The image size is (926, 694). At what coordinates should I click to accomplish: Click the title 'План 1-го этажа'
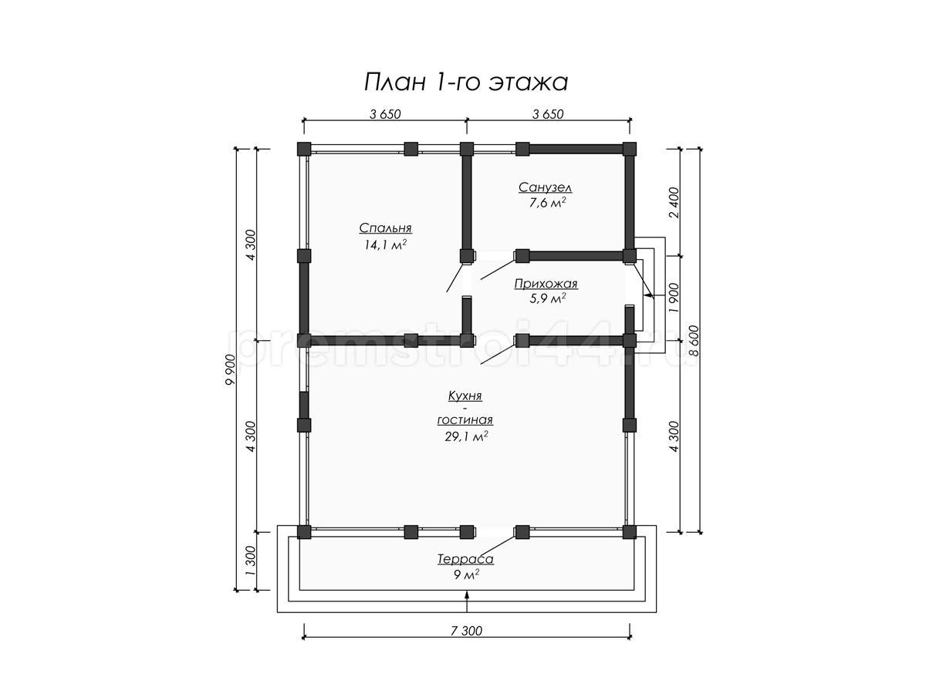click(x=466, y=82)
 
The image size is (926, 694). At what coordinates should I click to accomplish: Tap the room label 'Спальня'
click(x=385, y=228)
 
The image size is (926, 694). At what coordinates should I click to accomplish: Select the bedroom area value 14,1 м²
click(x=385, y=244)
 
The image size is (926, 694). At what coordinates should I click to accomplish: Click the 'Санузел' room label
click(x=545, y=187)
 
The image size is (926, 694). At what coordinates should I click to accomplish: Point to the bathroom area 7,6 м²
click(x=547, y=203)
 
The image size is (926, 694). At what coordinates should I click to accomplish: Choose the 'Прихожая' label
click(x=546, y=284)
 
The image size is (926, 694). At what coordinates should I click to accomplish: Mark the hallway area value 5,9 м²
click(x=547, y=298)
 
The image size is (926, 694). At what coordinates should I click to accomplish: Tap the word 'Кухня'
click(x=465, y=396)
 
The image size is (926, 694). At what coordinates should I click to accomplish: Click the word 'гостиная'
click(x=465, y=420)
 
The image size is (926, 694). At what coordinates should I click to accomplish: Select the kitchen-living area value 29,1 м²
click(x=466, y=436)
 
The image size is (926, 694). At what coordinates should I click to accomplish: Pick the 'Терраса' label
click(x=465, y=559)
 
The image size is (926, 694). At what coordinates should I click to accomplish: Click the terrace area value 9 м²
click(x=466, y=574)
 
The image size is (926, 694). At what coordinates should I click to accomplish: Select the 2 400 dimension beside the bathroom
click(x=674, y=202)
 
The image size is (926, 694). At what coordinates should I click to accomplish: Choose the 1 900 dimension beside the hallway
click(x=674, y=298)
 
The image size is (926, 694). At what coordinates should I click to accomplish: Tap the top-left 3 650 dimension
click(x=385, y=114)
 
